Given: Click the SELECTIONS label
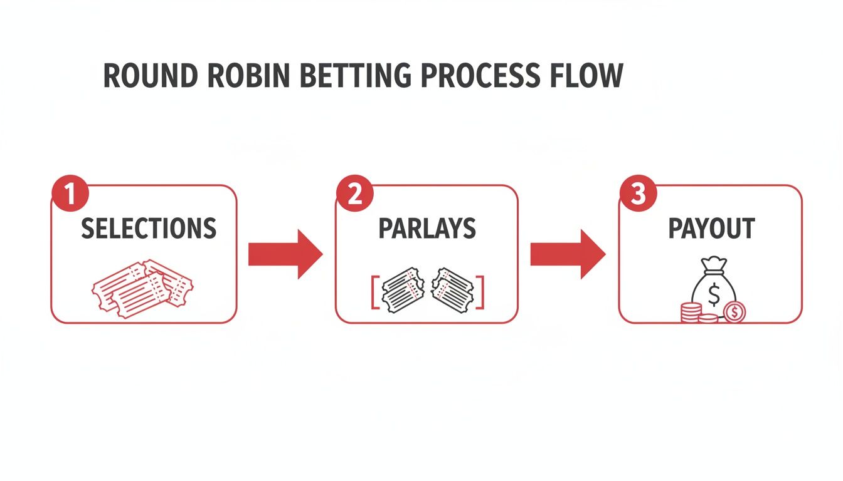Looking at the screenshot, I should [149, 229].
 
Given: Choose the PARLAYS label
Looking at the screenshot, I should [427, 229].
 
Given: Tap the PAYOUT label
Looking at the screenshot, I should [711, 229].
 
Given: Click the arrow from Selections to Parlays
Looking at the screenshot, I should [285, 254].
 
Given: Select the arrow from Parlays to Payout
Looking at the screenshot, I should [568, 254].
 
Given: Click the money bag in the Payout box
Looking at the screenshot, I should [714, 288].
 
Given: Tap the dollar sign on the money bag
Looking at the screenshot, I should [714, 292].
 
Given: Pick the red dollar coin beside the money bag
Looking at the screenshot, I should [734, 311].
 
